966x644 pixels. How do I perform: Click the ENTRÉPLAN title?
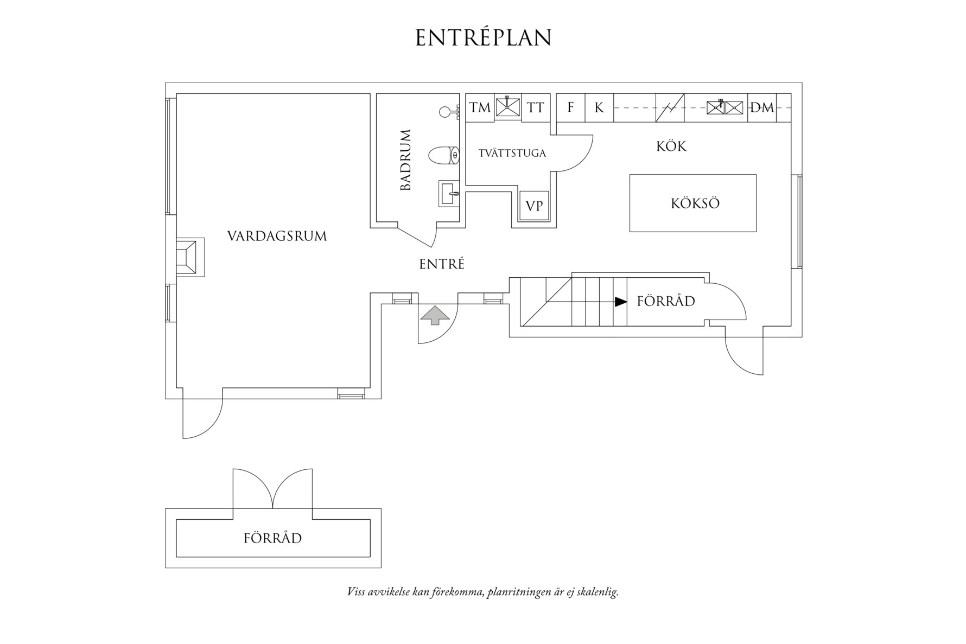point(483,38)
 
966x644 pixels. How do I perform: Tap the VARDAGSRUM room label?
point(277,236)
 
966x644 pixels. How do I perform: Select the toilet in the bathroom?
point(444,156)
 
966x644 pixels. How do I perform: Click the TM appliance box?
point(480,107)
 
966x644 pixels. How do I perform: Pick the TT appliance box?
point(536,107)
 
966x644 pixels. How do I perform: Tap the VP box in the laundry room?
point(534,206)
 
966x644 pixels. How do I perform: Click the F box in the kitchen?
point(570,107)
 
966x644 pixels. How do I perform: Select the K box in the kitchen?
point(599,107)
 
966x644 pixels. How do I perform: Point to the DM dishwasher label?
point(762,107)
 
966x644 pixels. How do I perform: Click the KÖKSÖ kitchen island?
point(693,203)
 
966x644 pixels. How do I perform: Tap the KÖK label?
point(671,146)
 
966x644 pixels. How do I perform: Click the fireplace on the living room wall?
point(188,257)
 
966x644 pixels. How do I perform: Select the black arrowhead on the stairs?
point(621,302)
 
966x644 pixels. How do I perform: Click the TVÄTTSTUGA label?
point(512,154)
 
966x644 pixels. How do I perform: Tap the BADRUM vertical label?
point(406,160)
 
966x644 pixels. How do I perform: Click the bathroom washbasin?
point(448,193)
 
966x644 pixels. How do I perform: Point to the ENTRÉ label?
point(442,264)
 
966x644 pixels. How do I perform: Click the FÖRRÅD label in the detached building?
point(272,538)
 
